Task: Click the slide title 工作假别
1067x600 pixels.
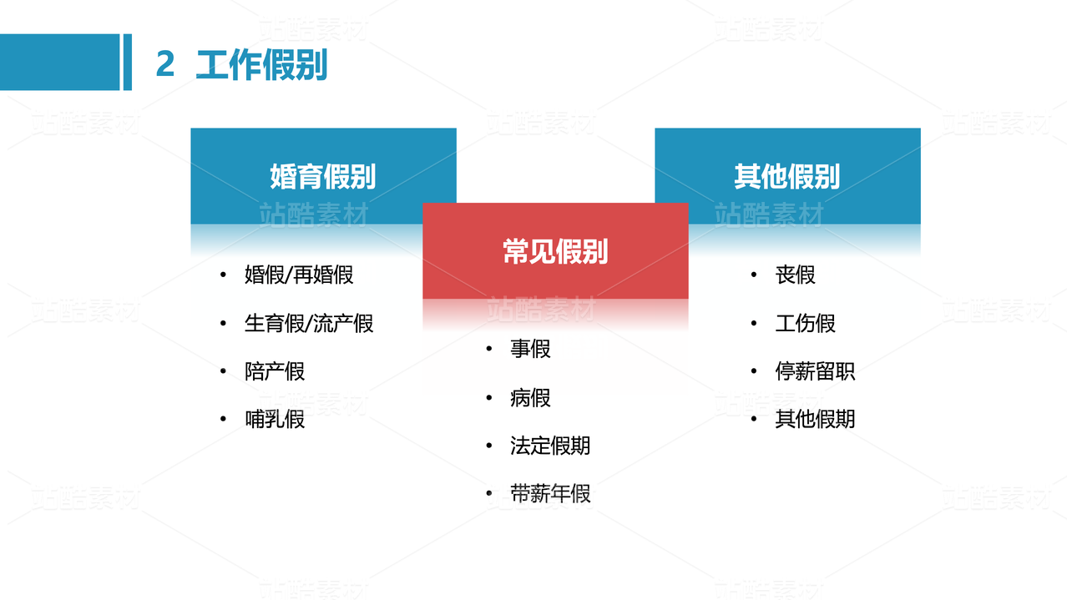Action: coord(261,65)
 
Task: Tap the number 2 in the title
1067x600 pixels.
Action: coord(165,65)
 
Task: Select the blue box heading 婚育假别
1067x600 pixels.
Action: coord(323,177)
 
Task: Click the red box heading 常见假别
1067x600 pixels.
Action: coord(555,251)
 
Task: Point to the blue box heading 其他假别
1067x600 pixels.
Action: coord(786,177)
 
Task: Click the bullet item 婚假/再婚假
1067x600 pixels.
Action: coord(299,275)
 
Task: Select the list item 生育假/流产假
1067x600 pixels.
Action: coord(309,323)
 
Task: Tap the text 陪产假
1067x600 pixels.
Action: coord(275,371)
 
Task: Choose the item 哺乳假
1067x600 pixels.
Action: coord(275,419)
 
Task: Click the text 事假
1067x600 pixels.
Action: coord(530,349)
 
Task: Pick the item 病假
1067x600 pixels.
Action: coord(530,398)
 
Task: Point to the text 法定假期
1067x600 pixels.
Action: coord(550,446)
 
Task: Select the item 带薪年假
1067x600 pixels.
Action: coord(550,494)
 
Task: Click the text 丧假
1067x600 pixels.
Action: coord(795,275)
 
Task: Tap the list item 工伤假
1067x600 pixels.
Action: coord(805,323)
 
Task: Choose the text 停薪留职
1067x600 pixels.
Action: coord(815,371)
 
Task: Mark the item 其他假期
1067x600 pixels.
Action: coord(815,419)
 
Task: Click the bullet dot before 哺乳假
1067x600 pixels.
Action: coord(224,419)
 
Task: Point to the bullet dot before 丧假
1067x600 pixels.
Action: coord(754,275)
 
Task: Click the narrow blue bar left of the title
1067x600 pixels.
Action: coord(128,62)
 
